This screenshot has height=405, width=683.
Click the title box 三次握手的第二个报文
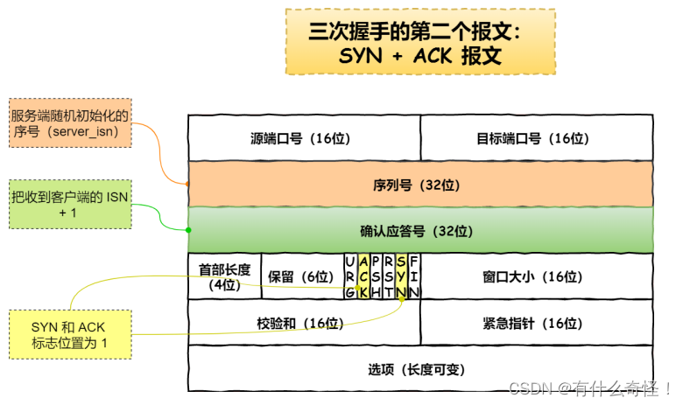[x=420, y=42]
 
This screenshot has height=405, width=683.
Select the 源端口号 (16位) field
[x=304, y=138]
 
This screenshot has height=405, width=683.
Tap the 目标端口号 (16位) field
[x=536, y=138]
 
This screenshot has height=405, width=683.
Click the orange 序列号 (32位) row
[x=420, y=185]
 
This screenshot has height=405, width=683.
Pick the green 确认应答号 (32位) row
[x=420, y=231]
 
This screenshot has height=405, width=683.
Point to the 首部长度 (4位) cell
[x=224, y=276]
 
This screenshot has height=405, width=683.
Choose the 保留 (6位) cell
[x=301, y=276]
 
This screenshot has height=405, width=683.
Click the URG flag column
[x=350, y=276]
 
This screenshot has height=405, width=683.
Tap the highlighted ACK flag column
[x=363, y=276]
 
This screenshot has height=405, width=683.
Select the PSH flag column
[x=376, y=276]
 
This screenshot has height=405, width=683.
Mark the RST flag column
[x=388, y=276]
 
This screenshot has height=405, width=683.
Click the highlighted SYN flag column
[x=401, y=276]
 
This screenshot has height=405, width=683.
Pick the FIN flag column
[x=413, y=276]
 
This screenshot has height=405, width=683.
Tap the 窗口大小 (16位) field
[x=537, y=276]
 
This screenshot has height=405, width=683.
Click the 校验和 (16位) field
[x=304, y=323]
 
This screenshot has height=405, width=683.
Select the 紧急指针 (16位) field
[x=537, y=323]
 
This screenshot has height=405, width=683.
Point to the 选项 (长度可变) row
[x=420, y=369]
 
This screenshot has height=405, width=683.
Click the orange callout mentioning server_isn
[x=70, y=122]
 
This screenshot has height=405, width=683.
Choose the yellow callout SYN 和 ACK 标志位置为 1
[x=70, y=334]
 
